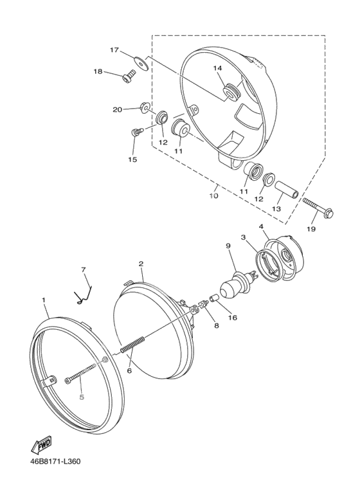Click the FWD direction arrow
[x=41, y=445]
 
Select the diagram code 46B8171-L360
[x=55, y=461]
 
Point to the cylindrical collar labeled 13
[x=287, y=190]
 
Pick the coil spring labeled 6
[x=133, y=344]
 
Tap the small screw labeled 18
[x=129, y=76]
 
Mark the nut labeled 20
[x=145, y=107]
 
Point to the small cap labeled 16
[x=213, y=298]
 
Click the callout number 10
[x=213, y=195]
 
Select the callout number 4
[x=261, y=226]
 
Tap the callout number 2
[x=141, y=264]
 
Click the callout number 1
[x=44, y=300]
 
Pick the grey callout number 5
[x=82, y=397]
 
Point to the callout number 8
[x=217, y=325]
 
